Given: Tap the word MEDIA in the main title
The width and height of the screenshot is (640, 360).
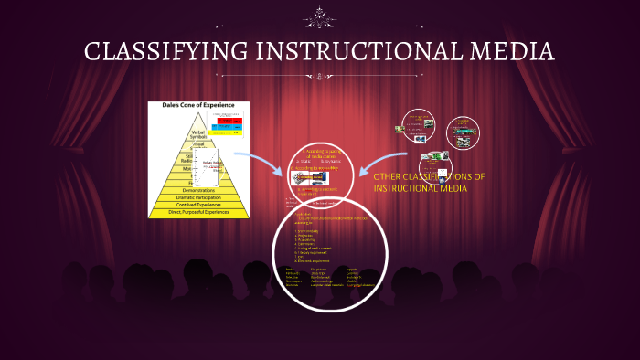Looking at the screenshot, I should pos(511,51).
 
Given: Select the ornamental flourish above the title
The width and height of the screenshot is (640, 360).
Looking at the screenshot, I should pos(320,17).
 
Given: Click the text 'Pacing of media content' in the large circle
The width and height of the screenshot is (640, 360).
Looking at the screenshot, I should pos(315,248).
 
